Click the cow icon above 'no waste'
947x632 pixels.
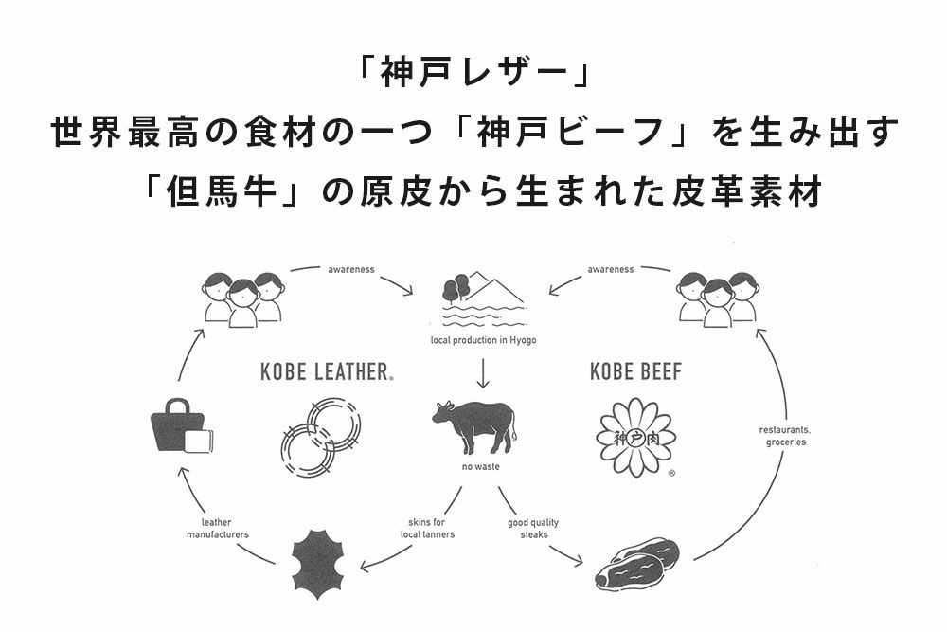pos(473,424)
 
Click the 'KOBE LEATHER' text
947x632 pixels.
pos(325,371)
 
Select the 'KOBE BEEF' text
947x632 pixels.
pos(635,371)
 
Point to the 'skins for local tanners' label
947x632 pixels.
pos(427,529)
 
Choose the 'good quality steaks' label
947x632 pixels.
pos(533,529)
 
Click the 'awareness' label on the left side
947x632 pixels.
pos(351,269)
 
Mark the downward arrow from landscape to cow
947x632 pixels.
pos(483,373)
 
